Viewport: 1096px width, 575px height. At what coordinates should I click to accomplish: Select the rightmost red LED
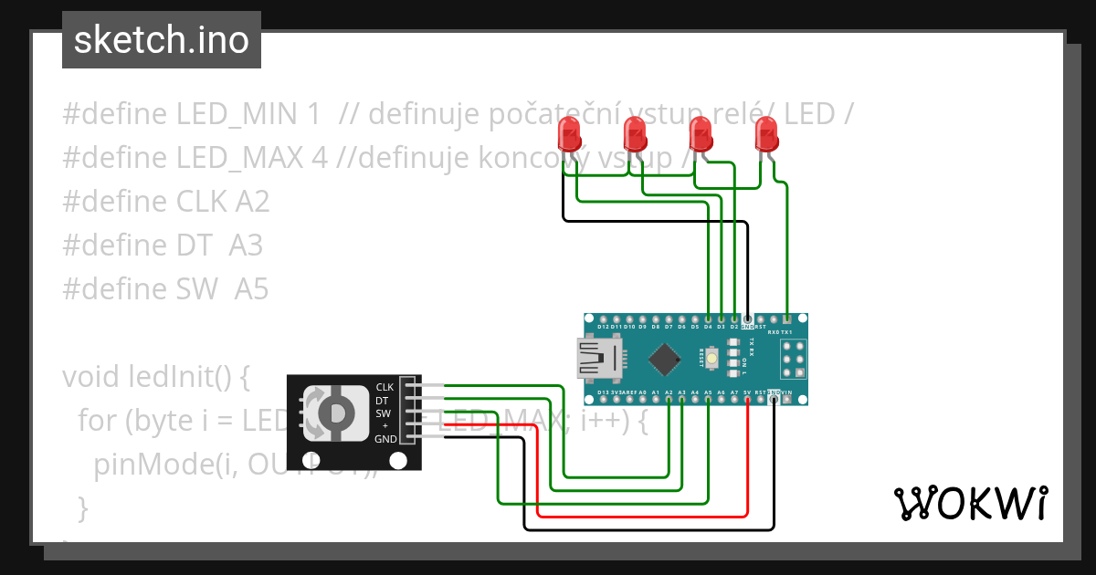click(766, 136)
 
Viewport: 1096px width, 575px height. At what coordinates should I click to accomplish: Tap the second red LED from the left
click(635, 136)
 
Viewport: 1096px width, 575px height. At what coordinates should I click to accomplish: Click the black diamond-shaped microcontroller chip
click(665, 358)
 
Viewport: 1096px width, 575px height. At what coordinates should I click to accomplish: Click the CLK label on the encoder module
click(385, 387)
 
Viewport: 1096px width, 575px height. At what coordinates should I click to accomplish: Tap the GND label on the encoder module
click(385, 439)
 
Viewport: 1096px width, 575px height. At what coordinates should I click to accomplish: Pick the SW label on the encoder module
click(384, 413)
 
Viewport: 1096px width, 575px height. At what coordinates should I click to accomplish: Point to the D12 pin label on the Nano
click(603, 326)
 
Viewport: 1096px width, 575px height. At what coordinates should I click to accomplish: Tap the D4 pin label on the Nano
click(708, 326)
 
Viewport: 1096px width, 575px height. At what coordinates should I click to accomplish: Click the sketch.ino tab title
click(161, 40)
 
